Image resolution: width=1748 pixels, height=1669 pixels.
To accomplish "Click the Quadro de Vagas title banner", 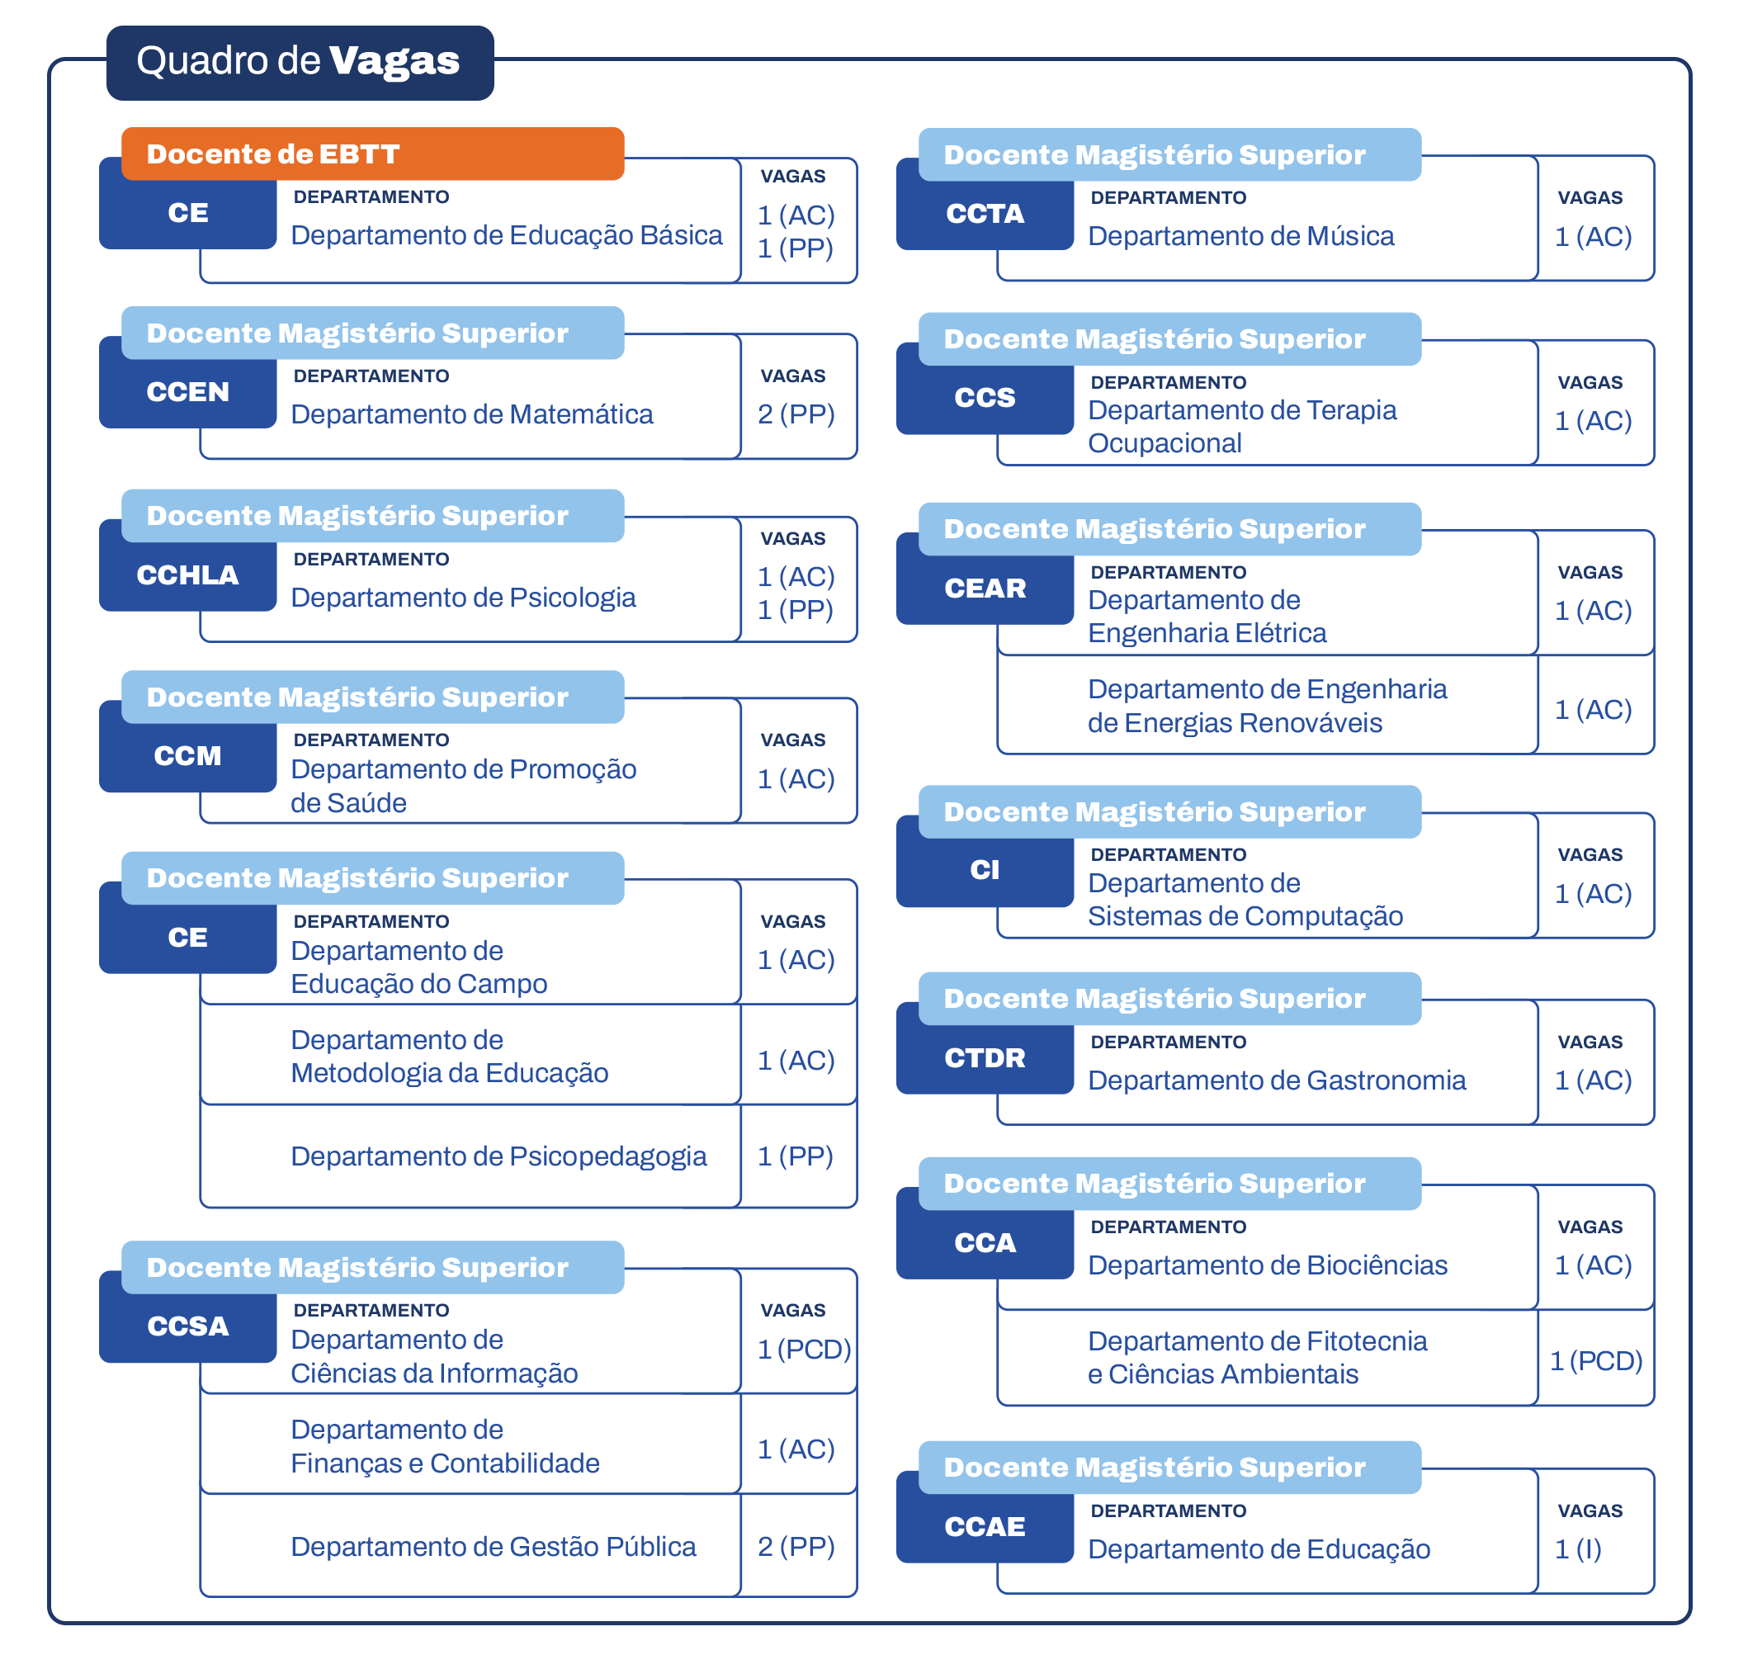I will pos(299,61).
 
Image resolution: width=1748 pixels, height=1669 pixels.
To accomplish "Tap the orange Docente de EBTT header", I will pos(372,154).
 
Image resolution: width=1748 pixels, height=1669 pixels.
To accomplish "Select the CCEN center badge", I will pos(187,391).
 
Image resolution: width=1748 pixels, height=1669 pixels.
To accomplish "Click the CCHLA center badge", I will pos(187,574).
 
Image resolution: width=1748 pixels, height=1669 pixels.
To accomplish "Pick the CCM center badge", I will pos(187,755).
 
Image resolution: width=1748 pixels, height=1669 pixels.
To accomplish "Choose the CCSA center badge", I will pos(187,1326).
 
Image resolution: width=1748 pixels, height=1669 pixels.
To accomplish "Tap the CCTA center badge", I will pos(985,214).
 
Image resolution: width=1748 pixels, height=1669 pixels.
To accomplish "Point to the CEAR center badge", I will pos(985,588).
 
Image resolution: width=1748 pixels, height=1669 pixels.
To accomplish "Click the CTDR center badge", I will pos(985,1058).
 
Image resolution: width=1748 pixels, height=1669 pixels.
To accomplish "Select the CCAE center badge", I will pos(985,1527).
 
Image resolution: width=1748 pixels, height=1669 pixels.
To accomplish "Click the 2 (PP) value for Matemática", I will pos(796,414).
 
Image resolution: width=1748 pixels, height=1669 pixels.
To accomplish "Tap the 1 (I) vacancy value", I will pos(1578,1548).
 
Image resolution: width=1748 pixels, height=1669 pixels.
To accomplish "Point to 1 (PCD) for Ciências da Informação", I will pos(804,1350).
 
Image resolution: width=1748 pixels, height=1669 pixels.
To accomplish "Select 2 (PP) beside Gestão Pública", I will pos(796,1546).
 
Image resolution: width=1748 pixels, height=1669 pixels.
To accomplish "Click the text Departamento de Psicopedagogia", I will pos(498,1156).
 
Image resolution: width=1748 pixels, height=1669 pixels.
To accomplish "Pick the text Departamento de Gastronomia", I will pos(1277,1080).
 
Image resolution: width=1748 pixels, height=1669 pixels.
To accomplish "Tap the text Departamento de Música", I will pos(1241,237).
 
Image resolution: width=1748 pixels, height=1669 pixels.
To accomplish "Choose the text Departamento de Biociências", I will pos(1268,1265).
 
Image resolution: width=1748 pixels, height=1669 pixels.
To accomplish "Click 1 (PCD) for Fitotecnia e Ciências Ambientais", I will pos(1596,1361).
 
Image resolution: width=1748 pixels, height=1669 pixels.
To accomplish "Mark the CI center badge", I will pos(985,869).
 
